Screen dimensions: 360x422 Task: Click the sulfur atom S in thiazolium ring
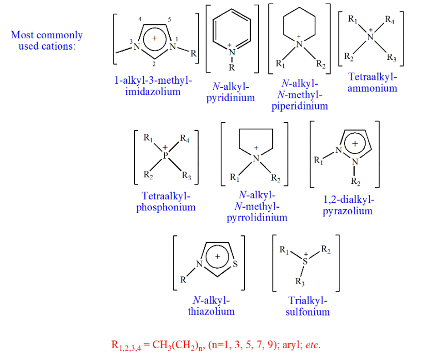click(235, 265)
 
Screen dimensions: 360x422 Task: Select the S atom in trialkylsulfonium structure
click(305, 262)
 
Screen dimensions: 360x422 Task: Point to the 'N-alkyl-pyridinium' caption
click(231, 92)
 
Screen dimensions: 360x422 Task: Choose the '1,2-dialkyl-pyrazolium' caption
click(348, 205)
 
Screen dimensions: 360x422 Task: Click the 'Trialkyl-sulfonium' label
click(307, 306)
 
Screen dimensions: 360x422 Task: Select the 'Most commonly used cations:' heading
click(47, 41)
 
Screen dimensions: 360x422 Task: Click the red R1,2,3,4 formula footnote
click(216, 345)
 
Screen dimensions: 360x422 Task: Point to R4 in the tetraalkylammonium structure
click(390, 21)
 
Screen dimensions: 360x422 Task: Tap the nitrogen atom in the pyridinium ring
click(232, 52)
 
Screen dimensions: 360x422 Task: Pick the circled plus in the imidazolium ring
click(155, 38)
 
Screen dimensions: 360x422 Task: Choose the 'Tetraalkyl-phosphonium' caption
click(166, 202)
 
